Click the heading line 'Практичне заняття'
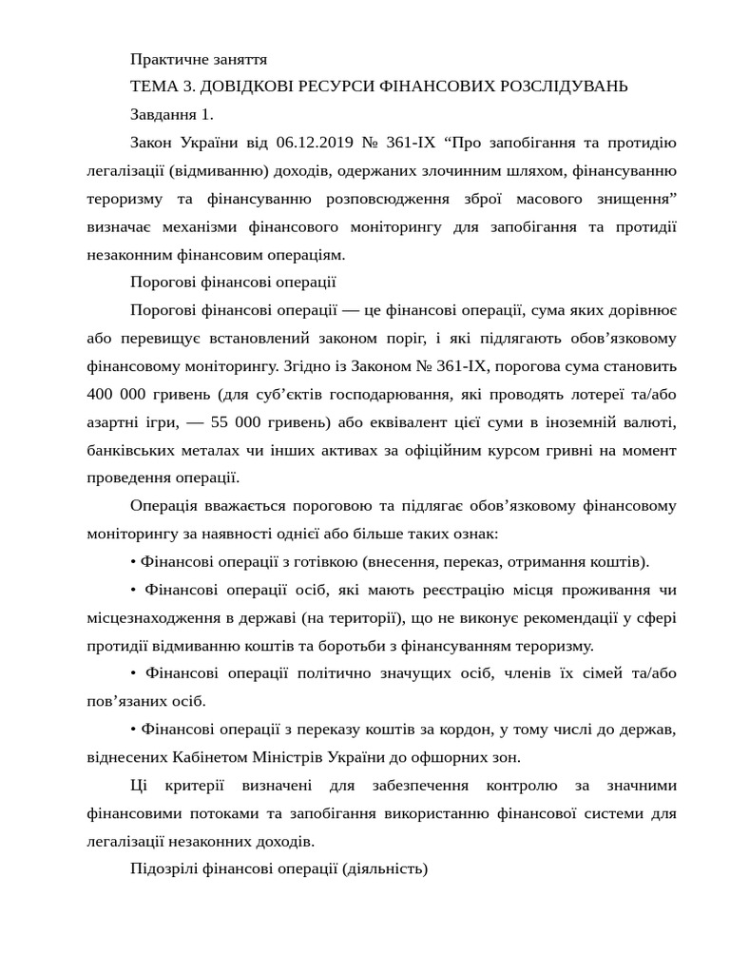(x=199, y=59)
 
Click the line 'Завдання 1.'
(x=171, y=114)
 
